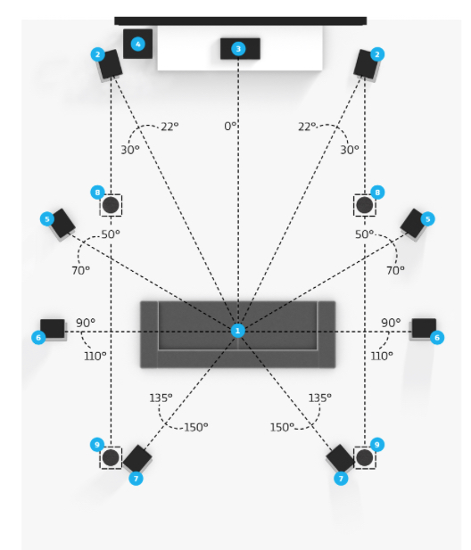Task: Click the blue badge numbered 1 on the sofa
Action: (x=237, y=331)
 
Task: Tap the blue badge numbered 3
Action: (x=238, y=49)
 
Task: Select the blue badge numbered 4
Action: (x=138, y=45)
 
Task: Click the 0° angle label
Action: (x=230, y=126)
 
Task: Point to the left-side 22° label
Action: (x=169, y=127)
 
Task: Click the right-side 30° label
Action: (x=350, y=150)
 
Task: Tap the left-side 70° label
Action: (x=80, y=270)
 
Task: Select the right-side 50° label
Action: (x=364, y=234)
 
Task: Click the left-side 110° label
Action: (x=95, y=356)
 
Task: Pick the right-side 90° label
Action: (x=391, y=323)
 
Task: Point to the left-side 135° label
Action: (x=161, y=398)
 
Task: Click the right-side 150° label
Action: (x=282, y=427)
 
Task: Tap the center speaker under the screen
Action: (x=240, y=49)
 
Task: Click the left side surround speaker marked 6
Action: (x=53, y=329)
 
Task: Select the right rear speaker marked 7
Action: (x=340, y=458)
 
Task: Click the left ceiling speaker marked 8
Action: (x=111, y=205)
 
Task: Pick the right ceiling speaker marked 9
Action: (x=365, y=458)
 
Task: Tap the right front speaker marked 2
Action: (x=366, y=64)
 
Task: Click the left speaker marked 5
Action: (x=62, y=224)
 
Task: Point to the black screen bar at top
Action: (x=241, y=21)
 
